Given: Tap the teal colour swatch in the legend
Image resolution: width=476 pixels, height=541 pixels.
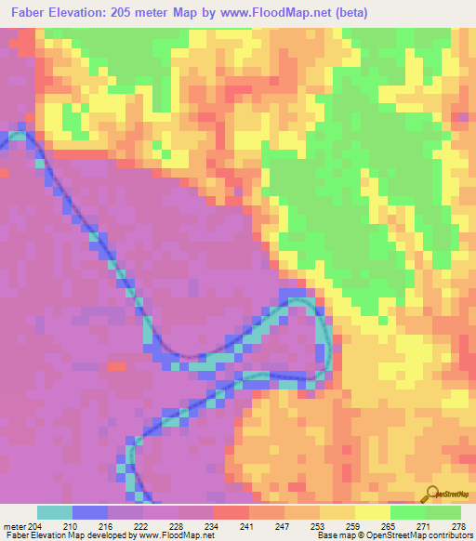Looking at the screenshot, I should [x=55, y=512].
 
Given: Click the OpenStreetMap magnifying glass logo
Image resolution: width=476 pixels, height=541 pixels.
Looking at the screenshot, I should [x=430, y=493].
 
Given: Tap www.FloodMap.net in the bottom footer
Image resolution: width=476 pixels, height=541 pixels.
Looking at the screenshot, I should [x=180, y=536].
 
